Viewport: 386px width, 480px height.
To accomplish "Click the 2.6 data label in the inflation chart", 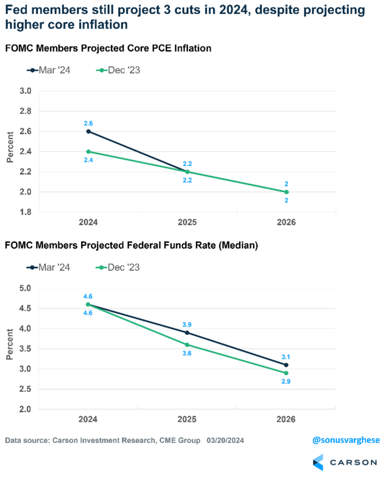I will pos(88,122).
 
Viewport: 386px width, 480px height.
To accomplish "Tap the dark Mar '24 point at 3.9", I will pos(187,332).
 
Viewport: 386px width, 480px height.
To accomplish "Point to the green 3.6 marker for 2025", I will pos(187,345).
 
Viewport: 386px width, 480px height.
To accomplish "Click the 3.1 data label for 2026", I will pos(286,356).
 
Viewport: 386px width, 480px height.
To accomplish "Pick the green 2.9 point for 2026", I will pos(286,373).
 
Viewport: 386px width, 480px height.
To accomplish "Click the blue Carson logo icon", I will pos(318,462).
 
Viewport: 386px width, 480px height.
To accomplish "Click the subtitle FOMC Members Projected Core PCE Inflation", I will pos(108,48).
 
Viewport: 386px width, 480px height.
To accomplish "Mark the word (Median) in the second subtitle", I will pos(239,246).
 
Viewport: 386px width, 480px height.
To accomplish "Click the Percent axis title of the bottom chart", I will pos(9,347).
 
